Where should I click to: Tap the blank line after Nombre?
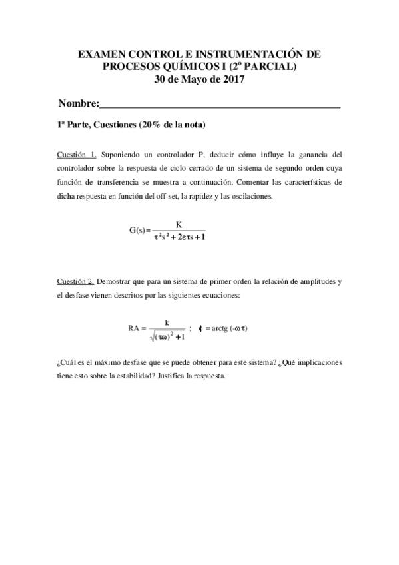(x=220, y=105)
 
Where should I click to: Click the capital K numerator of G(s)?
(x=179, y=224)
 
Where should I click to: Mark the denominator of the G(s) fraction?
(x=179, y=237)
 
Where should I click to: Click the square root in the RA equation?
(x=167, y=336)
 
